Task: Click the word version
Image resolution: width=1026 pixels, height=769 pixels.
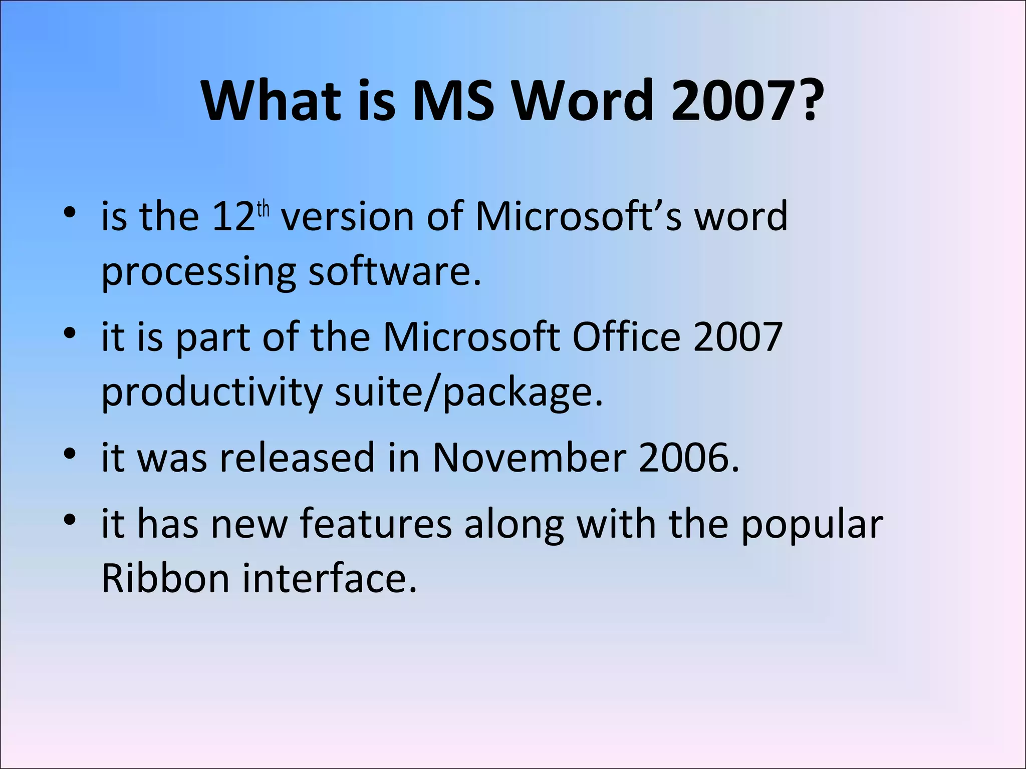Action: (x=347, y=217)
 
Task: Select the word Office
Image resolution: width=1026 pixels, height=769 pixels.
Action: (x=626, y=336)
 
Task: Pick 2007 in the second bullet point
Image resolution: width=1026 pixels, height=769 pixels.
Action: (x=738, y=336)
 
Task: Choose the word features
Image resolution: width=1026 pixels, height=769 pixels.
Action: (x=376, y=524)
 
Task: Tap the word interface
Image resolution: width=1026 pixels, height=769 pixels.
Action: (x=330, y=578)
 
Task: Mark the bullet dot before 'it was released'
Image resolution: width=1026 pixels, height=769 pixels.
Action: (x=70, y=454)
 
